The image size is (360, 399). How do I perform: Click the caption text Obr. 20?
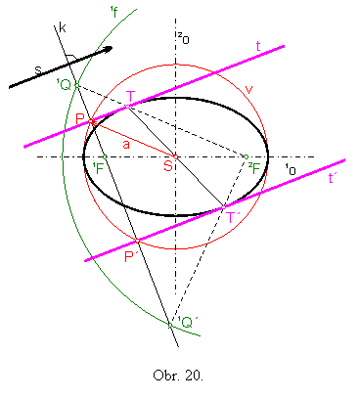(x=177, y=376)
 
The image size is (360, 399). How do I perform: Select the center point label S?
(x=168, y=167)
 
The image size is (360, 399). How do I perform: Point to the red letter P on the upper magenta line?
(x=80, y=119)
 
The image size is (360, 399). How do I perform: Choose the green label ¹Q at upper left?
(x=64, y=85)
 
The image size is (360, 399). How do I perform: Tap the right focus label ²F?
(x=253, y=167)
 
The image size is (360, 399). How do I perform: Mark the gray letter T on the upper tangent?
(x=131, y=97)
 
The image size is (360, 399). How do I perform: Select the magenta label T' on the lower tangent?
(x=234, y=216)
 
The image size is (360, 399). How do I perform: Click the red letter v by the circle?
(x=249, y=89)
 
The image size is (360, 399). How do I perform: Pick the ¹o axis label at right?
(x=290, y=169)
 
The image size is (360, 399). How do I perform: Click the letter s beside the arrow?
(x=38, y=70)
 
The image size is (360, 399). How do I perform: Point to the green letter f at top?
(x=114, y=13)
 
